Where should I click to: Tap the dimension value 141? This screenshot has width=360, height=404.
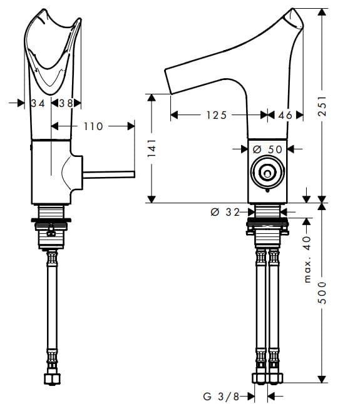coord(151,148)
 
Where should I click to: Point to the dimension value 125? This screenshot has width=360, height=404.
coord(215,115)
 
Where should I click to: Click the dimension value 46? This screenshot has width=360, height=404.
coord(285,115)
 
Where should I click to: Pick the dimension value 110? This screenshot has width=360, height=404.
coord(93,126)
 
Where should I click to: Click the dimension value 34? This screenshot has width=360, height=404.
coord(38,103)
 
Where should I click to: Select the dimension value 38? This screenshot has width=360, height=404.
coord(66,103)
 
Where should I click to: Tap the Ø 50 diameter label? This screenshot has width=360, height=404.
coord(267,149)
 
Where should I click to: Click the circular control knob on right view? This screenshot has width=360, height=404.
coord(267,171)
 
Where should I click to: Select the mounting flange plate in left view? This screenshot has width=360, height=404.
coord(53,220)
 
